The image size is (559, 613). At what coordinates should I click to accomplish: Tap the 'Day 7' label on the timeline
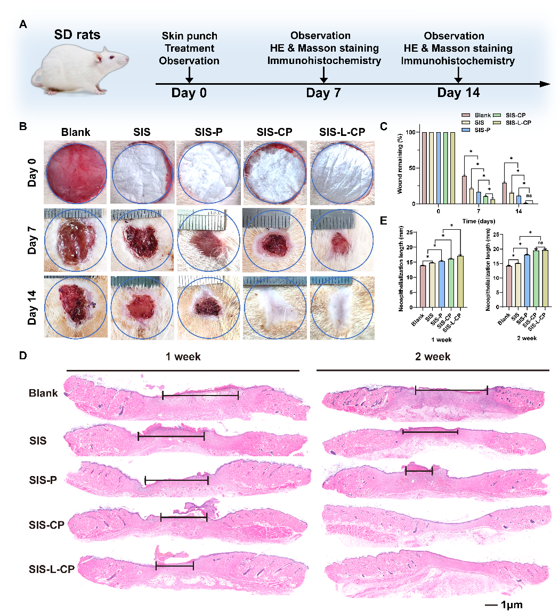323,93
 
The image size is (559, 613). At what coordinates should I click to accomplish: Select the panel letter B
23,127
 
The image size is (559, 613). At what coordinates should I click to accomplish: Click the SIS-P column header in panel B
208,132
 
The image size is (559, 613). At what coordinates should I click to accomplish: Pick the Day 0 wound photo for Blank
76,172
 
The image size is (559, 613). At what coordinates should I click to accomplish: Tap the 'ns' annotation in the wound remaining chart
529,196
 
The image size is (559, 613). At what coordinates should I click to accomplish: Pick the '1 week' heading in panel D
183,356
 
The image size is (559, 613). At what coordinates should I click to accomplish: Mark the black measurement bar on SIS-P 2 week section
419,471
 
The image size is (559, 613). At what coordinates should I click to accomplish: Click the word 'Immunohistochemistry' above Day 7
324,60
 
